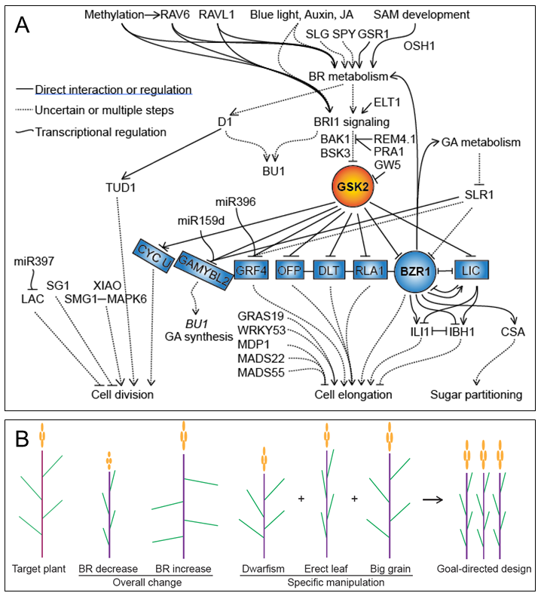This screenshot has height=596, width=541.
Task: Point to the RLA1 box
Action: [x=371, y=269]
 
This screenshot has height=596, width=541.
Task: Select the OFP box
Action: [x=292, y=269]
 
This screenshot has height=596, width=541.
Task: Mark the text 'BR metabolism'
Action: [x=348, y=76]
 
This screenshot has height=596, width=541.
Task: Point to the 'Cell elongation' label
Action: [x=353, y=394]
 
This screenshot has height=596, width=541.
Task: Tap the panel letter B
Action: [x=22, y=438]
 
